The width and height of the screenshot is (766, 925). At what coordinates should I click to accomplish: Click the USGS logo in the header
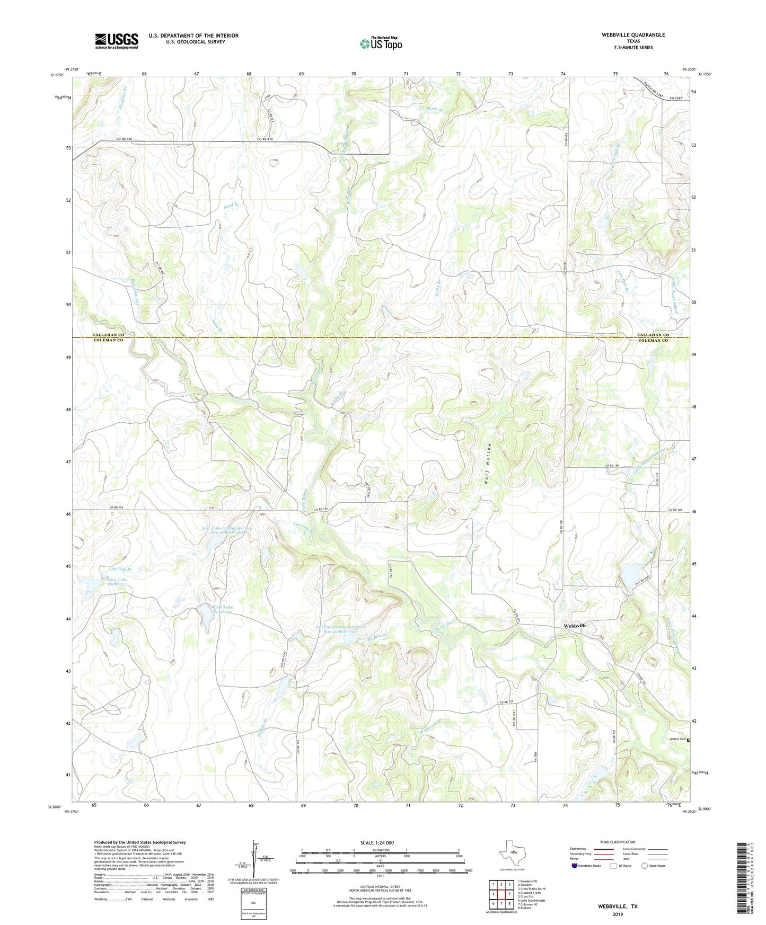tap(116, 41)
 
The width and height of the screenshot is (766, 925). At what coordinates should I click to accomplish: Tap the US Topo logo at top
tap(381, 43)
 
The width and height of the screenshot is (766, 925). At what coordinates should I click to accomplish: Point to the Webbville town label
tap(575, 626)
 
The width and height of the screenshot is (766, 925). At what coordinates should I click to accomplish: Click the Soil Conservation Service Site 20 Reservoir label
tap(336, 629)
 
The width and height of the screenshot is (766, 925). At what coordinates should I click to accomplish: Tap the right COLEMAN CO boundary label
tap(652, 341)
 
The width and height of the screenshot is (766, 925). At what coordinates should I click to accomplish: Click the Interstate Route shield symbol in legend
tap(575, 866)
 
